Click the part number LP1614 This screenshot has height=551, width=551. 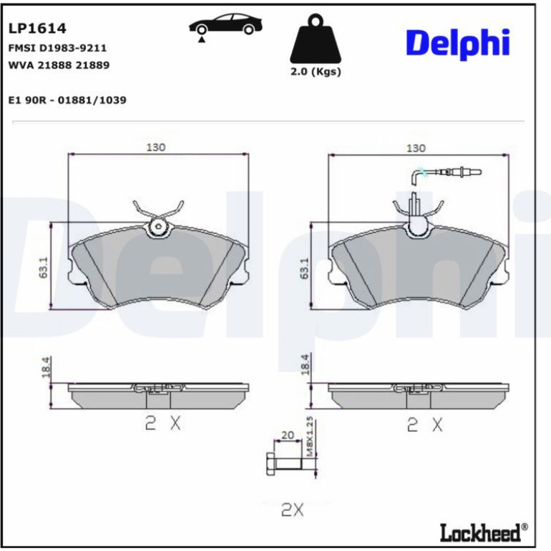tap(37, 29)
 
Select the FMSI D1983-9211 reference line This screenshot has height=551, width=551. tap(57, 48)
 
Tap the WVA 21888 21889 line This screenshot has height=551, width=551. tap(59, 65)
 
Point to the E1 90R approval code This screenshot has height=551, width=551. tap(67, 100)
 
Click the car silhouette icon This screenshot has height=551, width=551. tap(225, 26)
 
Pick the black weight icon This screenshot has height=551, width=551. tap(315, 39)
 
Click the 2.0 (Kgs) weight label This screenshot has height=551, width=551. tap(316, 72)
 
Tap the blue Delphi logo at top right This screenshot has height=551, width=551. tap(457, 44)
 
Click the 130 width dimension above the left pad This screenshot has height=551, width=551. tap(156, 147)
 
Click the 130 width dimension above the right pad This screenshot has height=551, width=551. tap(416, 148)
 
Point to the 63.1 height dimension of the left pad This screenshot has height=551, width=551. tap(43, 268)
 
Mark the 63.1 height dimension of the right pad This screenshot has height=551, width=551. tap(304, 268)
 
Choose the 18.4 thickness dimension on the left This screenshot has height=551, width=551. tap(46, 367)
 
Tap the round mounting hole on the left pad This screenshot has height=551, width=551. tap(158, 227)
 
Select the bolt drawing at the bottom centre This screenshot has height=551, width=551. tap(284, 464)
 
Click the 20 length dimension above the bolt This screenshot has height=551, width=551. tap(288, 435)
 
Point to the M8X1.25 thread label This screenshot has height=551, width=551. tap(309, 437)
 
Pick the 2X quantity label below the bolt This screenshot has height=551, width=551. tap(293, 509)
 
